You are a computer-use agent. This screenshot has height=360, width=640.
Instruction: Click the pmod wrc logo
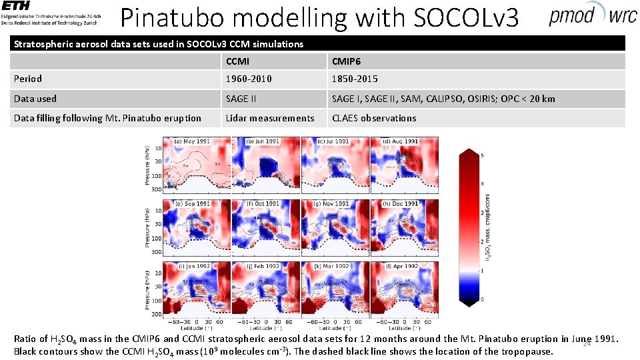tap(592, 15)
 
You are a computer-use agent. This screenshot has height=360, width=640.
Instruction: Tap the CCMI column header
tap(238, 62)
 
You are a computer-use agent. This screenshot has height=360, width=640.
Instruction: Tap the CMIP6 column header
tap(348, 62)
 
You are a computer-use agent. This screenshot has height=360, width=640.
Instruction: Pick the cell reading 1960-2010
tap(248, 79)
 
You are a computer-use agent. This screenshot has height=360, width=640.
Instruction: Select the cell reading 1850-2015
tap(355, 79)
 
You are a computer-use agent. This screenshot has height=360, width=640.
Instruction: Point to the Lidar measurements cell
tap(269, 118)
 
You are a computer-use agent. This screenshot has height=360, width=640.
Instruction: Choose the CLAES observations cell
tap(374, 118)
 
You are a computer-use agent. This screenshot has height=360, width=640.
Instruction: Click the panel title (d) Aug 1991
tap(401, 141)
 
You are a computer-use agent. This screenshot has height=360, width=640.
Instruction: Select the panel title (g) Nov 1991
tap(331, 203)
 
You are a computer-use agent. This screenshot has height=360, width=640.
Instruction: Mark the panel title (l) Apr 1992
tap(401, 265)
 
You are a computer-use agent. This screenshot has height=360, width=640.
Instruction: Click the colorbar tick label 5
tap(483, 155)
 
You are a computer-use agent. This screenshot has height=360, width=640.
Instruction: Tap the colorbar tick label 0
tap(483, 300)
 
